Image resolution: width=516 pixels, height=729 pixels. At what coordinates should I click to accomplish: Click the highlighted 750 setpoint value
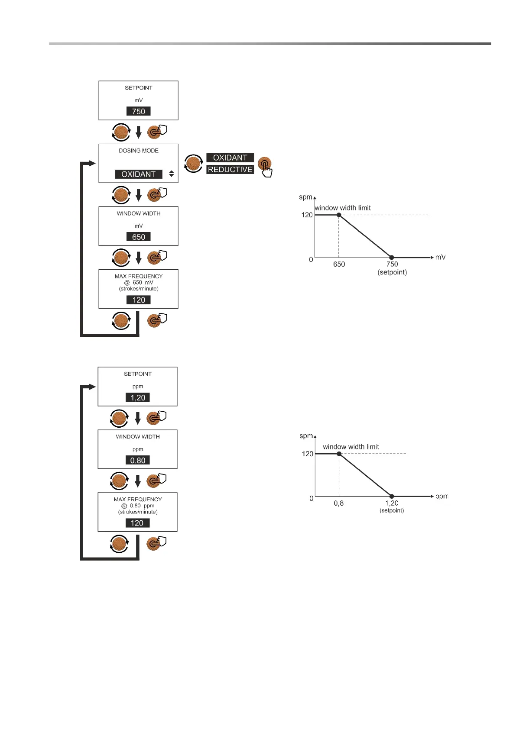(139, 111)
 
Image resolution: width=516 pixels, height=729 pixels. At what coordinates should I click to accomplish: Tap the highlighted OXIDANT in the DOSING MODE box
(138, 174)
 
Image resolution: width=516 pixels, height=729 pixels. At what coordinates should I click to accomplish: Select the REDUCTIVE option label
(230, 170)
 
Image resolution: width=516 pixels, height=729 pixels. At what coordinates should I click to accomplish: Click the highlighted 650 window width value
(139, 237)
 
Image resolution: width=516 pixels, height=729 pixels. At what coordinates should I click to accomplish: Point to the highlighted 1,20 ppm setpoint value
(138, 397)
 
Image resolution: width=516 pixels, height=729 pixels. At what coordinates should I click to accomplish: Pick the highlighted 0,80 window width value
(138, 460)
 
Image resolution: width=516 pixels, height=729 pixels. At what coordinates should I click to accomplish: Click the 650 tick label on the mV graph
(339, 264)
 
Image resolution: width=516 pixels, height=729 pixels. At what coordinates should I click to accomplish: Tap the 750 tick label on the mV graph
(392, 264)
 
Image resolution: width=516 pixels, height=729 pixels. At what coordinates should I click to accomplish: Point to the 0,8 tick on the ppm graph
(339, 503)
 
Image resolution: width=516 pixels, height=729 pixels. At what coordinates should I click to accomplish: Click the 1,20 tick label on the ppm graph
(392, 503)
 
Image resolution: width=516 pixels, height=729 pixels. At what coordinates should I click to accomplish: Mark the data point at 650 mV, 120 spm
(339, 215)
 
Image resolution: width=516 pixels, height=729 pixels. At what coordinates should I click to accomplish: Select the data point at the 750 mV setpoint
(392, 258)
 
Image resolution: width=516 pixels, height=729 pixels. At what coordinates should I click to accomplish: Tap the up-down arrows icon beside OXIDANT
(172, 174)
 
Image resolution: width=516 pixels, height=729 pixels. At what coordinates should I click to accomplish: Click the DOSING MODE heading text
(139, 151)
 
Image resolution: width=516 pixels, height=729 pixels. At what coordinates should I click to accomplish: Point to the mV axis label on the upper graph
(440, 257)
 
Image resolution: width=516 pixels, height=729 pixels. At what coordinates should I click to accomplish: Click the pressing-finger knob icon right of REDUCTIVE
(265, 166)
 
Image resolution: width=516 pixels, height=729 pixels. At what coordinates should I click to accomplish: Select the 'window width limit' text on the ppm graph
(351, 447)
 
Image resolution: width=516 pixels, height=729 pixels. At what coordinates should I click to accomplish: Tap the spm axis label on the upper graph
(305, 197)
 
